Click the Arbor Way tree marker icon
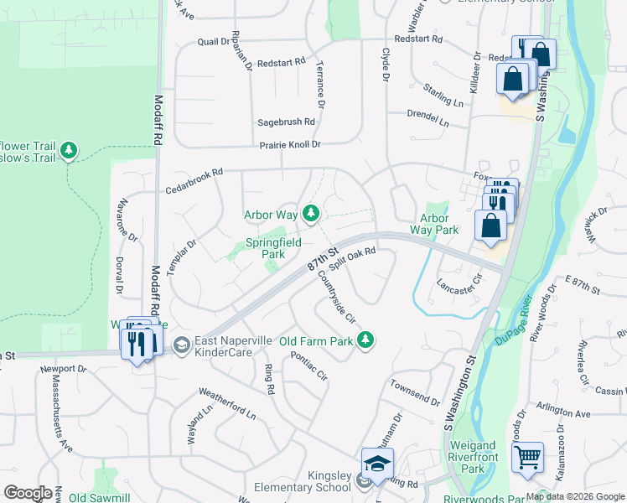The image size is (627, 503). (311, 215)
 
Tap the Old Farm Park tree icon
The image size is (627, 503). (365, 340)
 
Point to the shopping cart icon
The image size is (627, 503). (527, 458)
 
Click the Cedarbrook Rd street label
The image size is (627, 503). (194, 174)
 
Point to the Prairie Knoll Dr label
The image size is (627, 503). (290, 145)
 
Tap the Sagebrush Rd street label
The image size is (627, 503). (286, 122)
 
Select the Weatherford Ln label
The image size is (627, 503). (227, 403)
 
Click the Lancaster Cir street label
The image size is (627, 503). (460, 283)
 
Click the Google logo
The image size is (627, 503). (28, 493)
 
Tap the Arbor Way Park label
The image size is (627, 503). (433, 223)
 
